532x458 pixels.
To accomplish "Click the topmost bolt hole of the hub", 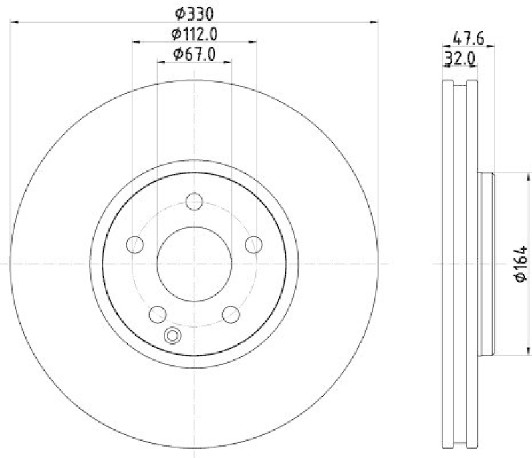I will (x=194, y=200).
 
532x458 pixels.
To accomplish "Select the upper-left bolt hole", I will (x=135, y=244).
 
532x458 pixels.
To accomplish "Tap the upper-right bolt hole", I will (x=253, y=244).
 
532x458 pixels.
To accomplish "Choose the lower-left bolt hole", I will (x=158, y=314).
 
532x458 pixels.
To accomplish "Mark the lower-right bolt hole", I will (x=231, y=314).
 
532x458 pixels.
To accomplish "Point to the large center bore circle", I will (x=194, y=264).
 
